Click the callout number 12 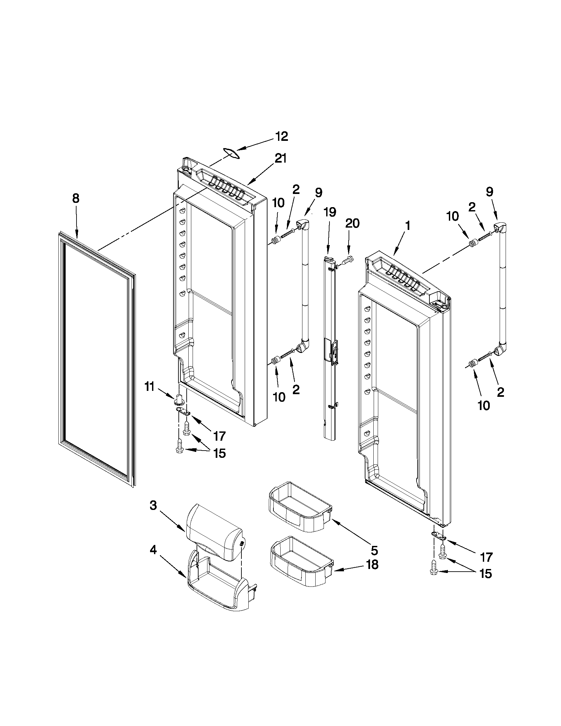coord(282,137)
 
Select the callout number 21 coord(279,159)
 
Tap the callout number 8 coord(76,199)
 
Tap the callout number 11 coord(149,387)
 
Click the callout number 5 coord(374,551)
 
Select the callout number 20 coord(352,224)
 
